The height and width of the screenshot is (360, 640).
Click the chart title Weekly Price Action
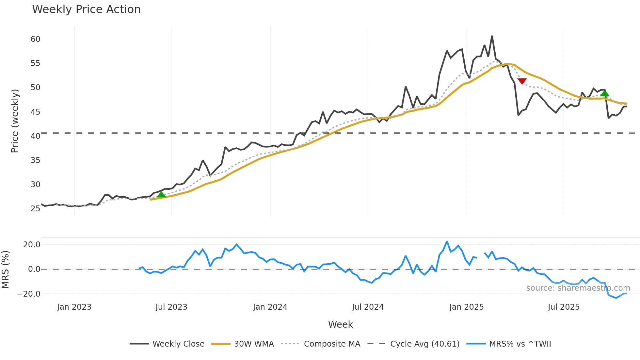[86, 9]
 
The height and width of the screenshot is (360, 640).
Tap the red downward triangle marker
[522, 81]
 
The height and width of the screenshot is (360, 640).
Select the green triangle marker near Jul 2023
[161, 195]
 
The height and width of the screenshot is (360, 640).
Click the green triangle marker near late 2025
[604, 93]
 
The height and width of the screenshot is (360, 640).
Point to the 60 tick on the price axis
[36, 39]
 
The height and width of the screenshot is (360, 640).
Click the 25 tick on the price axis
[36, 209]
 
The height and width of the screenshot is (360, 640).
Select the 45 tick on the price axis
[36, 112]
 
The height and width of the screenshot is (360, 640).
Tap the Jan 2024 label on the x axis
[270, 307]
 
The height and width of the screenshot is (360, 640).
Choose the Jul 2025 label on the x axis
[564, 307]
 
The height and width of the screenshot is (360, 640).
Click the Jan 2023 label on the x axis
[74, 307]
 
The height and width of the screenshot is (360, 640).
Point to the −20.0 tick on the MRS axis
[29, 294]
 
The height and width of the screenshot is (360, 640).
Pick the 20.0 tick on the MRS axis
[32, 245]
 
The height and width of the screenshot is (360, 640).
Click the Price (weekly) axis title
[15, 121]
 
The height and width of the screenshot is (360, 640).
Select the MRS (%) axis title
[5, 270]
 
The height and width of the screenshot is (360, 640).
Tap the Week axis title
[340, 324]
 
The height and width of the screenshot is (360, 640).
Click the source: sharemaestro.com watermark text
[578, 288]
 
